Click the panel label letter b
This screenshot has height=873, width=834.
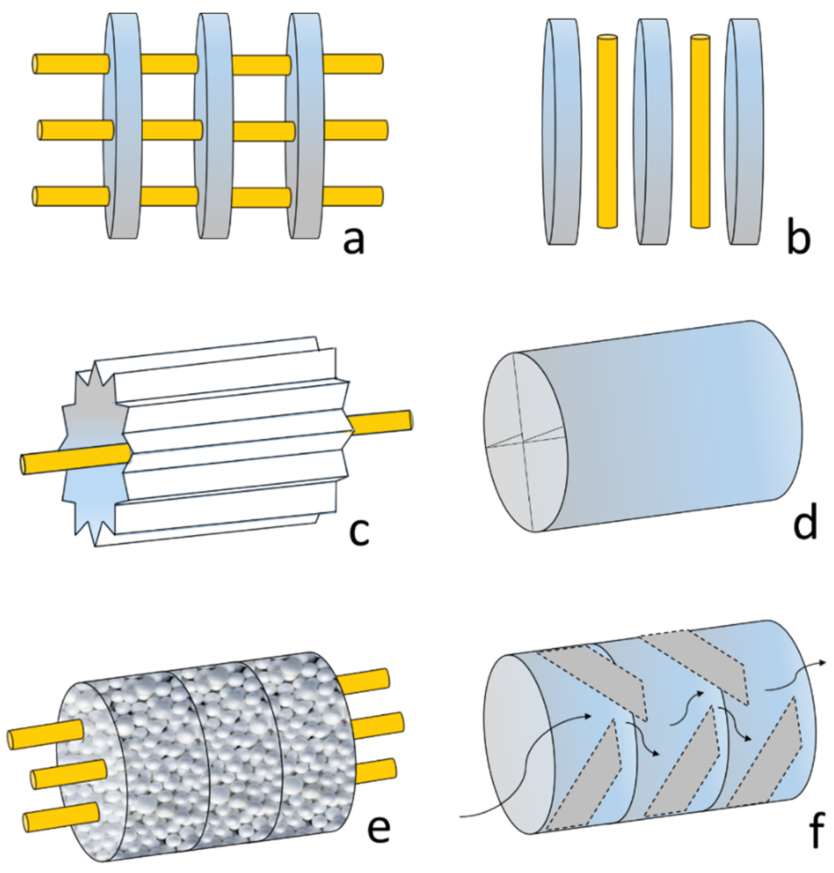tap(798, 240)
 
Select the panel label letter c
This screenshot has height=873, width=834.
tap(358, 531)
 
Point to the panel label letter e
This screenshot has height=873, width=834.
tap(378, 827)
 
